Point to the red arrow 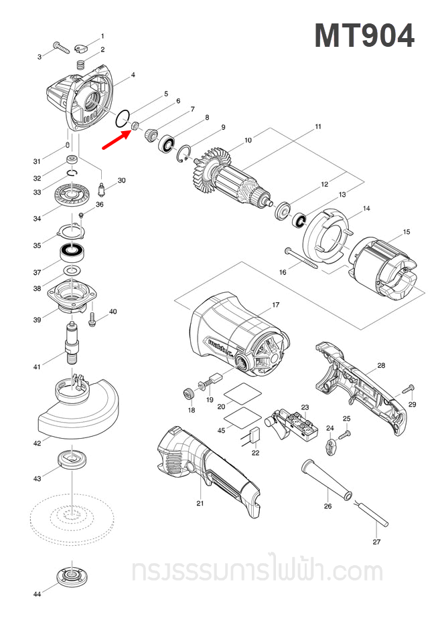click(x=115, y=138)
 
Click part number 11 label click(x=318, y=126)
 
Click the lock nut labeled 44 click(x=70, y=575)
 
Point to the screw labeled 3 click(x=60, y=47)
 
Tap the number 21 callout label click(x=199, y=503)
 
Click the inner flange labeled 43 click(x=70, y=459)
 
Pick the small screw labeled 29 click(x=409, y=389)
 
